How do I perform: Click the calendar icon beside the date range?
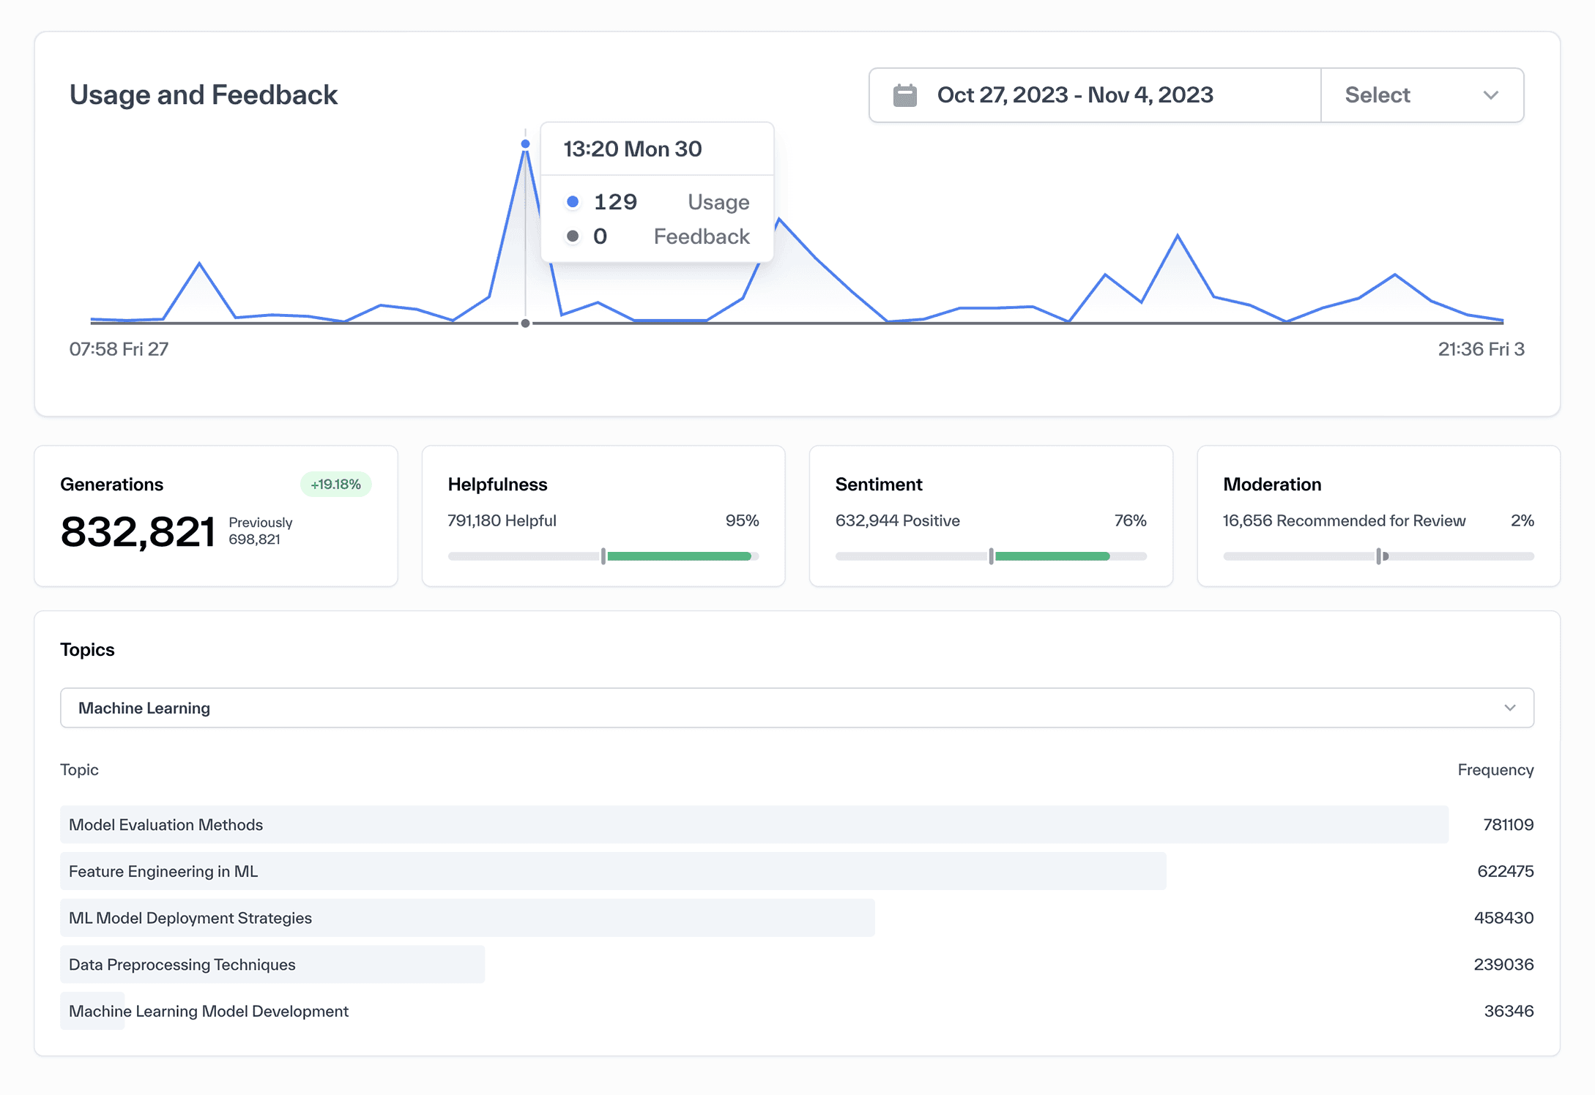(x=904, y=95)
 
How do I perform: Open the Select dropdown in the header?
(x=1421, y=95)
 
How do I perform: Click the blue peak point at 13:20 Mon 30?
(x=525, y=143)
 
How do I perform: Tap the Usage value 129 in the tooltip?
(x=615, y=202)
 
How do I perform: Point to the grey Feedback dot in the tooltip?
(x=573, y=236)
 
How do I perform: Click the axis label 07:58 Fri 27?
(x=119, y=349)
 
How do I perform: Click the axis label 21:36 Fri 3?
(x=1481, y=349)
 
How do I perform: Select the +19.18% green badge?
(x=335, y=485)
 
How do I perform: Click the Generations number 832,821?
(x=138, y=531)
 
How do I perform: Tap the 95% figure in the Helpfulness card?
(x=742, y=520)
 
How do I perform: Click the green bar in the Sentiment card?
(x=1052, y=556)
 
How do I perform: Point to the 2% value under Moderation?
(x=1522, y=520)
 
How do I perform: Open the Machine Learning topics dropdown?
(x=797, y=708)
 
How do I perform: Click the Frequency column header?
(x=1495, y=770)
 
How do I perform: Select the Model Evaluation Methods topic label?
(x=166, y=825)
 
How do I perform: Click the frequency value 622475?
(x=1505, y=871)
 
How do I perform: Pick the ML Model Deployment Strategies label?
(x=190, y=918)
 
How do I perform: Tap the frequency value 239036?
(x=1503, y=965)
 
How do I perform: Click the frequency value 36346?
(x=1509, y=1011)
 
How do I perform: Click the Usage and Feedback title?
(x=204, y=95)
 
